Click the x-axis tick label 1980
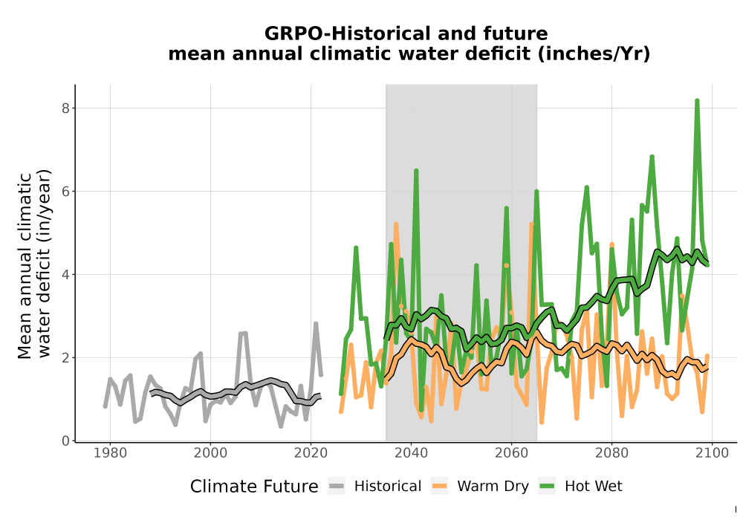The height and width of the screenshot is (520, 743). pyautogui.click(x=110, y=453)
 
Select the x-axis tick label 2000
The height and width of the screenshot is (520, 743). pyautogui.click(x=210, y=453)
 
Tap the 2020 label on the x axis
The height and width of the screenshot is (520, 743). pyautogui.click(x=311, y=453)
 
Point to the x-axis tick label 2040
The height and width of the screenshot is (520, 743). pyautogui.click(x=411, y=453)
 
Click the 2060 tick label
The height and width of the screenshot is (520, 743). pyautogui.click(x=511, y=453)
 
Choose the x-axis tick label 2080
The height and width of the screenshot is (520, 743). pyautogui.click(x=611, y=453)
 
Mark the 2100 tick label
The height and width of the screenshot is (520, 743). pyautogui.click(x=712, y=453)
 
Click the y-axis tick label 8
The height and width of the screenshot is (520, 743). pyautogui.click(x=65, y=108)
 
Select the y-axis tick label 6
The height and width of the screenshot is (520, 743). pyautogui.click(x=65, y=192)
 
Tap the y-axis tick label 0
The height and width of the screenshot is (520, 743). pyautogui.click(x=65, y=441)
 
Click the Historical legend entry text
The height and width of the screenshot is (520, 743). pyautogui.click(x=388, y=487)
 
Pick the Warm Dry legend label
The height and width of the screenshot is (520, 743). pyautogui.click(x=493, y=487)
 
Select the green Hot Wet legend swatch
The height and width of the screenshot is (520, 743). pyautogui.click(x=546, y=487)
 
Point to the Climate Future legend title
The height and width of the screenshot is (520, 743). pyautogui.click(x=254, y=487)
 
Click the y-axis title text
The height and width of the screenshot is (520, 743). pyautogui.click(x=33, y=264)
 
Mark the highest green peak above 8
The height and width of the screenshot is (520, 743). pyautogui.click(x=697, y=101)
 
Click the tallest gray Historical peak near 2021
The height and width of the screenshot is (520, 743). pyautogui.click(x=316, y=324)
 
